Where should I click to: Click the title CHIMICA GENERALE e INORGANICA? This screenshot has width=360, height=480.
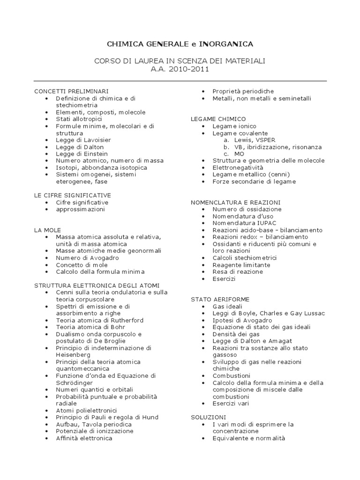coord(180,44)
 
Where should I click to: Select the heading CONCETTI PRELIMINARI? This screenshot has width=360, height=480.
coord(71,91)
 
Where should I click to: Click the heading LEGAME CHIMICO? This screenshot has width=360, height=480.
coord(218,119)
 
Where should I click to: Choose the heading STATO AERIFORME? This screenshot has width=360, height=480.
coord(220,299)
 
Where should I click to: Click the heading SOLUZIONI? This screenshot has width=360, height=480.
coord(209,417)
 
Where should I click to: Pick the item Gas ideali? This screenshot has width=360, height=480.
coord(229,306)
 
